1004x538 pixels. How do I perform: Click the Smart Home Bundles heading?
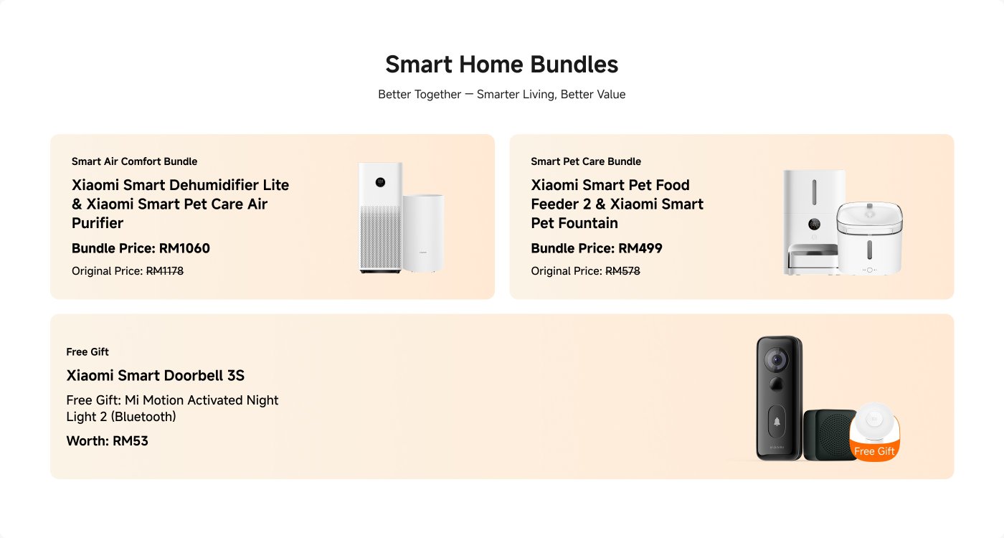click(501, 65)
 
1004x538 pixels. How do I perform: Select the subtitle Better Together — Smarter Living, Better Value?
click(501, 95)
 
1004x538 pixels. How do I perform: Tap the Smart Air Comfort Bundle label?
click(134, 161)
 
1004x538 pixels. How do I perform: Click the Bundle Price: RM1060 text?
click(141, 249)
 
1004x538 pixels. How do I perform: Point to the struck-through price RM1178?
click(165, 271)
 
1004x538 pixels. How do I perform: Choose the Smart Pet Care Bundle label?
click(586, 161)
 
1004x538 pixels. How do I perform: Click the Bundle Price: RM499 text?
click(597, 249)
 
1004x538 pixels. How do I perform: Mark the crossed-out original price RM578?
click(622, 271)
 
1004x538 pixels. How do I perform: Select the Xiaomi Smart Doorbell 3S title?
click(156, 376)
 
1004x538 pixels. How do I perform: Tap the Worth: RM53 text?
click(107, 441)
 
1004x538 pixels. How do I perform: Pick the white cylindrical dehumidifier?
click(423, 233)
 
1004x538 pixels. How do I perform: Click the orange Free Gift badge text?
click(874, 451)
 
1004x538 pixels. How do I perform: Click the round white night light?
click(875, 423)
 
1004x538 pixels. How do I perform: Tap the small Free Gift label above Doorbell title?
click(87, 352)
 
